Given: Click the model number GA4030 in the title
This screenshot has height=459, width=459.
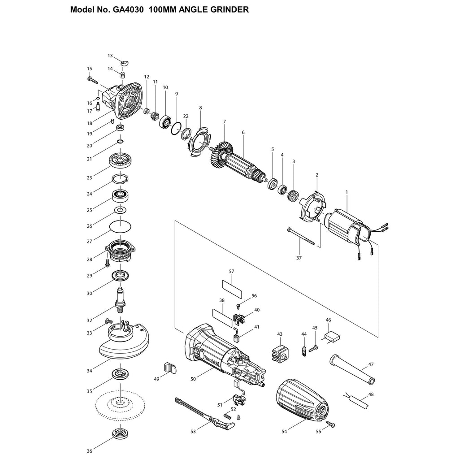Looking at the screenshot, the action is click(x=127, y=10).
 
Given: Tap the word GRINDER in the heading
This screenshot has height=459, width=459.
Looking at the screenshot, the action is click(x=229, y=10).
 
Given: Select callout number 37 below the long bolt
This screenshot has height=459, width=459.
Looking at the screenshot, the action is click(x=299, y=258).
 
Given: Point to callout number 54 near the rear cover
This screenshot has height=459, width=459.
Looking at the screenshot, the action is click(x=284, y=432).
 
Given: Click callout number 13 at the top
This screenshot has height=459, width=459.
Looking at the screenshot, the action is click(x=110, y=56).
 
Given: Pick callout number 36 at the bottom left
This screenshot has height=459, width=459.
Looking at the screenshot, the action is click(x=89, y=451).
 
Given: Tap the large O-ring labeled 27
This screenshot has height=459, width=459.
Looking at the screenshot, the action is click(x=120, y=226).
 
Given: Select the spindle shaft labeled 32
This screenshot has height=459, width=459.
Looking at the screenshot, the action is click(x=121, y=300).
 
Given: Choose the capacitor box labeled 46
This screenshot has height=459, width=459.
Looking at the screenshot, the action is click(x=331, y=336).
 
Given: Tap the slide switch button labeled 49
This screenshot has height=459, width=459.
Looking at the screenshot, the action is click(x=170, y=368).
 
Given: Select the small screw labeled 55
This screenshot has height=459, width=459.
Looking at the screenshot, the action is click(x=331, y=424).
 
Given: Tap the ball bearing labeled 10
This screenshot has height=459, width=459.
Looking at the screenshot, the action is click(x=165, y=121).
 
